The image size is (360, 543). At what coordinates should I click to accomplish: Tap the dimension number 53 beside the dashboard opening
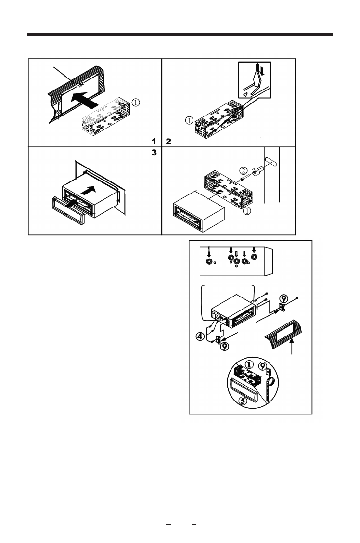point(59,111)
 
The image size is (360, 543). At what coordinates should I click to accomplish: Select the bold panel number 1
point(154,142)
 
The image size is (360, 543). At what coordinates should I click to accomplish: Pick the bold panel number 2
point(168,142)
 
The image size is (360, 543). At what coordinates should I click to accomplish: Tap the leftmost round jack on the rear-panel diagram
point(209,263)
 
